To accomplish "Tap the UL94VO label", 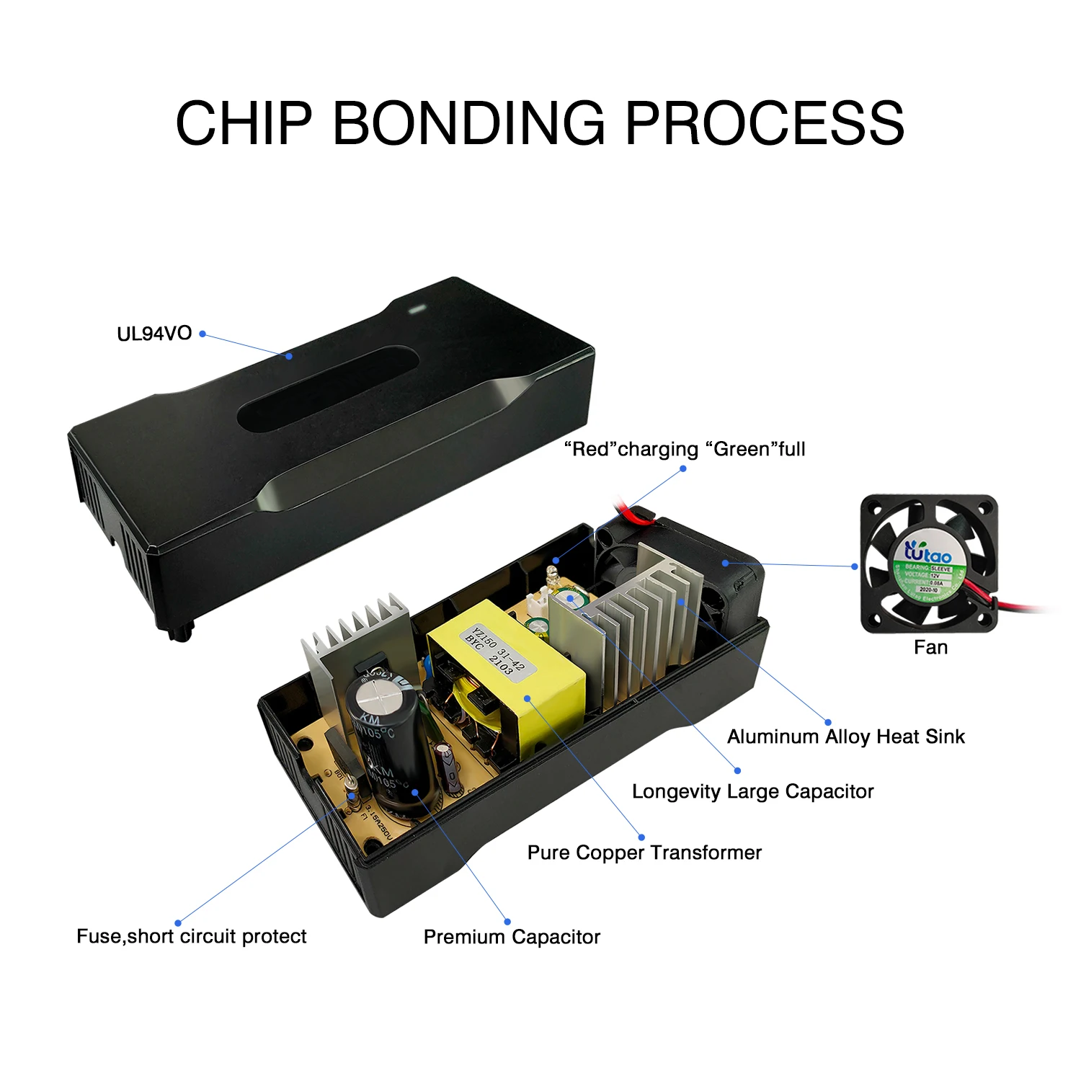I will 154,334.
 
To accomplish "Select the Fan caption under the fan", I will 930,647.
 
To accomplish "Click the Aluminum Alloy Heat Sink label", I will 845,737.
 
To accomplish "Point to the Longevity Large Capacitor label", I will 752,791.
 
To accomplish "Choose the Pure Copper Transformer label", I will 644,853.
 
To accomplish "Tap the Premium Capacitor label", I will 512,937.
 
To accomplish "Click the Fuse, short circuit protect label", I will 192,936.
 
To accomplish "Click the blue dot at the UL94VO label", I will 203,334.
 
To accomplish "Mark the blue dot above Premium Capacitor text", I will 507,921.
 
